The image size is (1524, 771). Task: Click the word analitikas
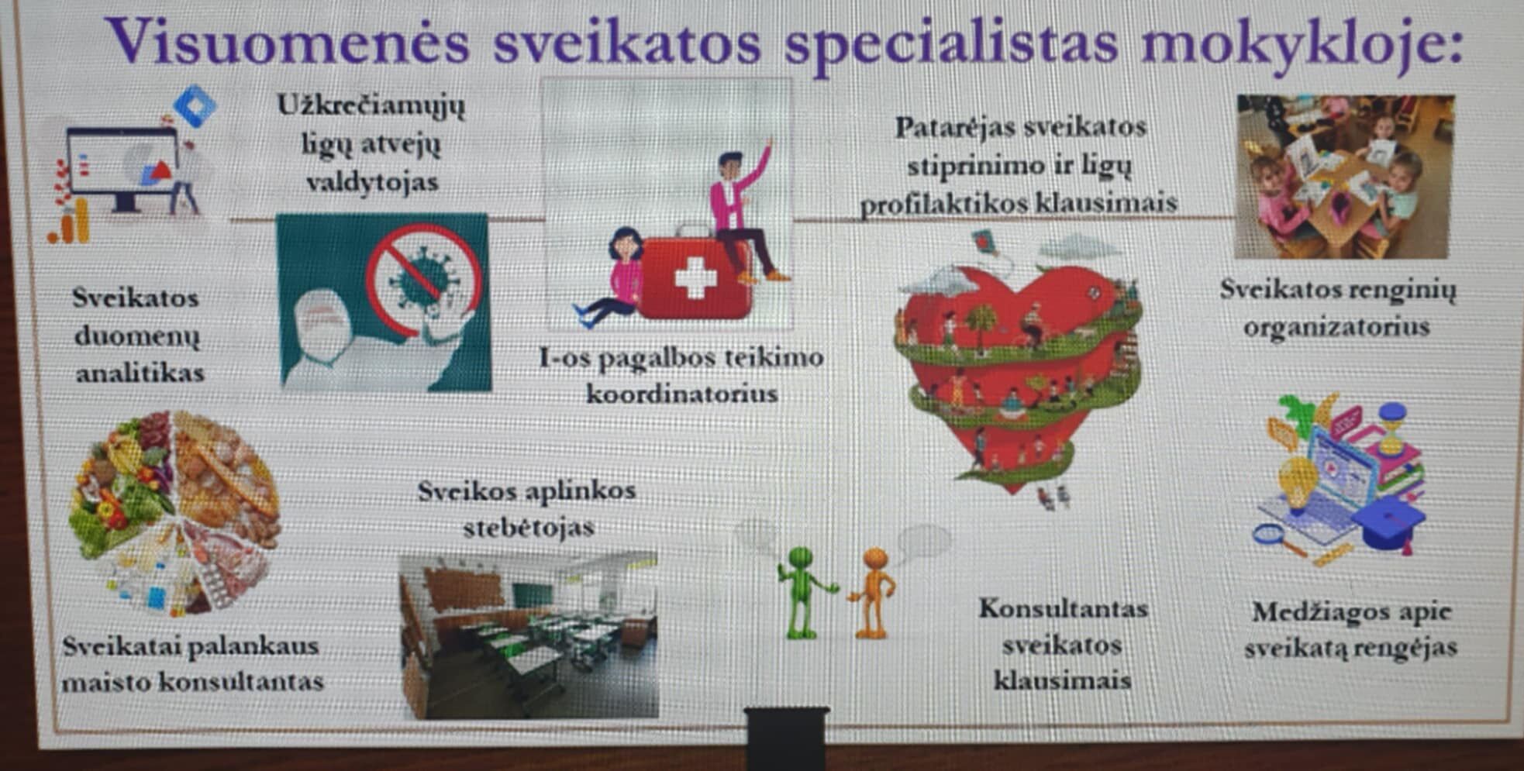140,373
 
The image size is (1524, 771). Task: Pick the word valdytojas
373,182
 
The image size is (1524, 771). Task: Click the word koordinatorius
681,394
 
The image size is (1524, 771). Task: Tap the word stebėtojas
529,527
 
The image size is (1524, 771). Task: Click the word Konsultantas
1064,608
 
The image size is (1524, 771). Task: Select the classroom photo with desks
529,636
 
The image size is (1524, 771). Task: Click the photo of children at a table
1344,177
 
